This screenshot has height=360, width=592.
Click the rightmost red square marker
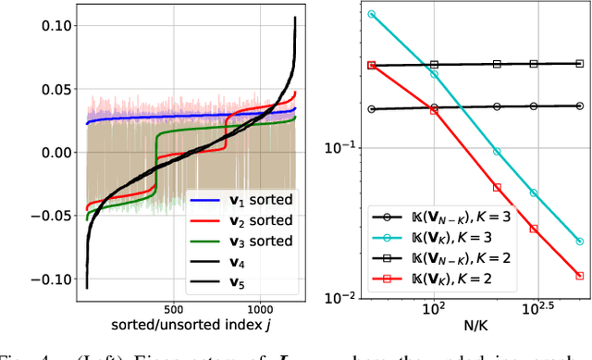[x=579, y=275]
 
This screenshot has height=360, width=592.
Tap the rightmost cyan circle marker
[x=579, y=241]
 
